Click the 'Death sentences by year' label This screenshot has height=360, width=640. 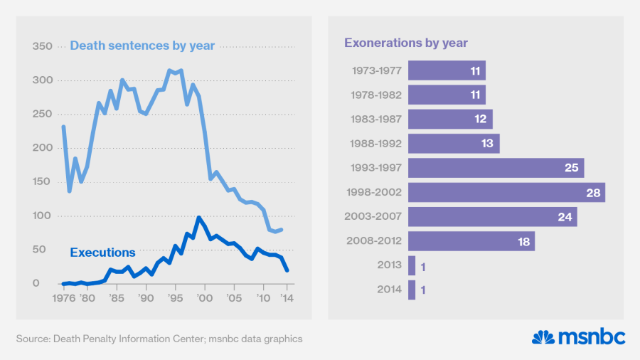(x=142, y=46)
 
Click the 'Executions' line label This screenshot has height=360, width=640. (x=102, y=253)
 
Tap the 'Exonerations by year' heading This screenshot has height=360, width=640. (x=406, y=43)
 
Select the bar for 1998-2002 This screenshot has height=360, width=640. (x=506, y=192)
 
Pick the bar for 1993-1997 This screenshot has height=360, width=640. (x=496, y=168)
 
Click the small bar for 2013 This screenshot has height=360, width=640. (x=412, y=265)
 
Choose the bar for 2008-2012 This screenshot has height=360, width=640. (x=471, y=241)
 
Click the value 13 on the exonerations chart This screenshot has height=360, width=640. (x=486, y=144)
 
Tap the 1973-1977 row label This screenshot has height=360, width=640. (x=377, y=70)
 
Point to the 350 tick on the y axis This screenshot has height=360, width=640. (x=43, y=46)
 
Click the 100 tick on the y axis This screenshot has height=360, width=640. (x=43, y=216)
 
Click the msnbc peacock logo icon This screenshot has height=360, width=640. (x=543, y=337)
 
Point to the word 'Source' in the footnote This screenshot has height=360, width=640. (x=33, y=339)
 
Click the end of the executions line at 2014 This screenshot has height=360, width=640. (x=287, y=270)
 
